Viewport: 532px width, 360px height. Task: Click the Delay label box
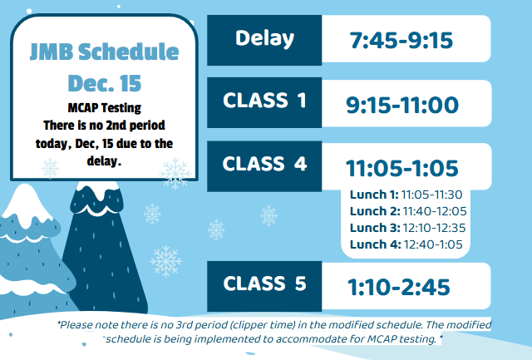(x=264, y=38)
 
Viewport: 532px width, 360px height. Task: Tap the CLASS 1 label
(x=264, y=101)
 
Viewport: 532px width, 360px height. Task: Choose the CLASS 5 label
(x=264, y=284)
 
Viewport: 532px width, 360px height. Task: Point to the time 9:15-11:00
(x=401, y=105)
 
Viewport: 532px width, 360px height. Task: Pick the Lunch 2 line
(x=404, y=210)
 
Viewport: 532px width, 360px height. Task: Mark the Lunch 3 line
(x=404, y=227)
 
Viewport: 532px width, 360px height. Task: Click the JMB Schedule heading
(x=104, y=52)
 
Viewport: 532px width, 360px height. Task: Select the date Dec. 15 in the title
(x=104, y=83)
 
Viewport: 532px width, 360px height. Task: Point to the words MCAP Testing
(x=104, y=107)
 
